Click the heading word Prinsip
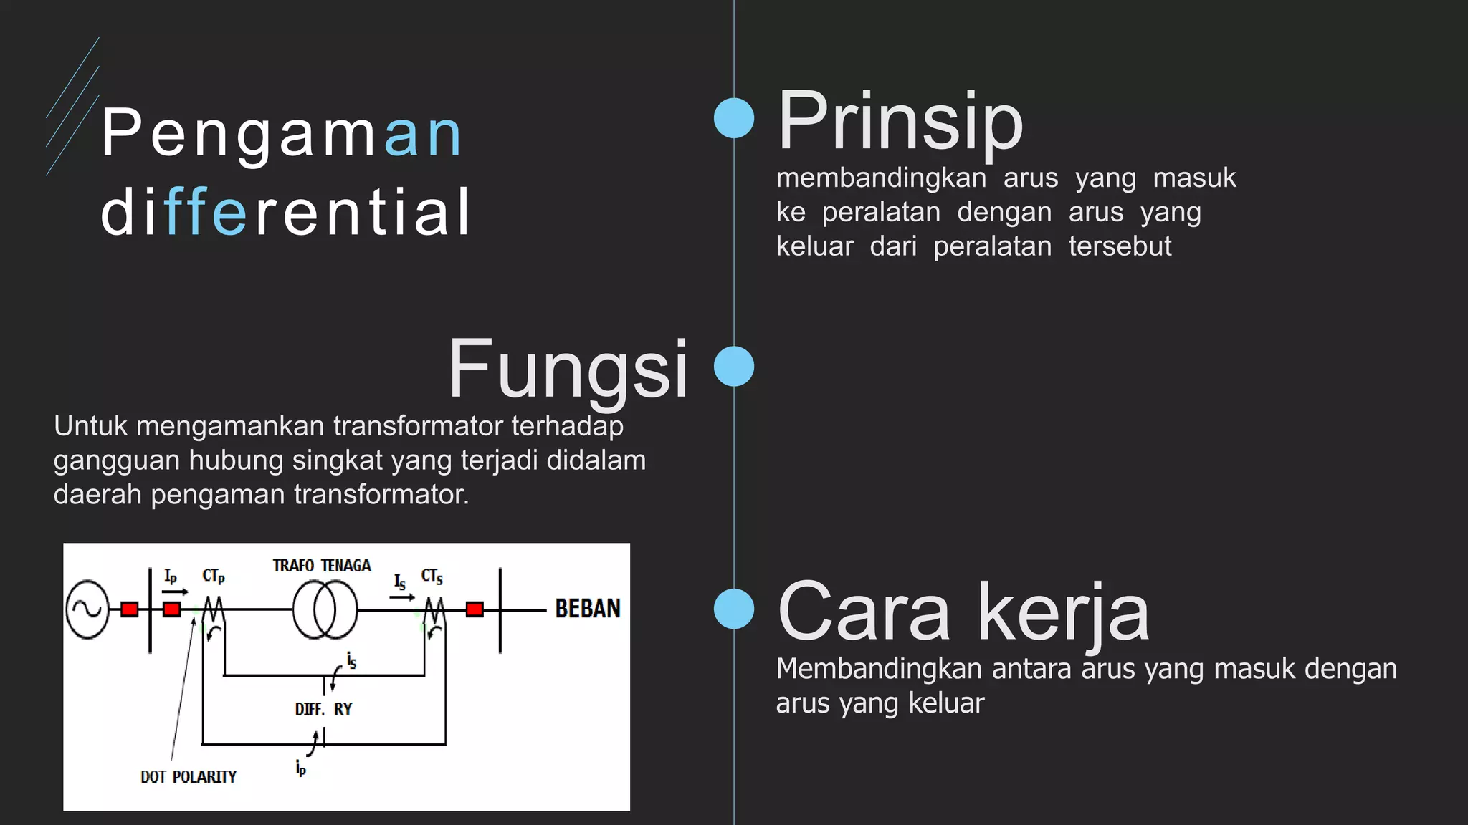(900, 122)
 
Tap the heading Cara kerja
(963, 612)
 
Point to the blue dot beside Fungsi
(734, 366)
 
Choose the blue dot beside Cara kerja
(734, 609)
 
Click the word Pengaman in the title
(282, 134)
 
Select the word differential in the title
(285, 212)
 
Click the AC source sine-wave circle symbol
(87, 609)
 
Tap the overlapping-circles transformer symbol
(325, 609)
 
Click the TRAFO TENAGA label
(322, 566)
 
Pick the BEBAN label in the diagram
(588, 609)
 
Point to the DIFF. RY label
(323, 709)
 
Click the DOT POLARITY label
(189, 777)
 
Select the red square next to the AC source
(130, 609)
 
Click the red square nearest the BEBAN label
(475, 609)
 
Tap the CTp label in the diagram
(214, 576)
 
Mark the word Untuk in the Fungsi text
(90, 426)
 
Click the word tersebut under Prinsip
(1120, 246)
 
